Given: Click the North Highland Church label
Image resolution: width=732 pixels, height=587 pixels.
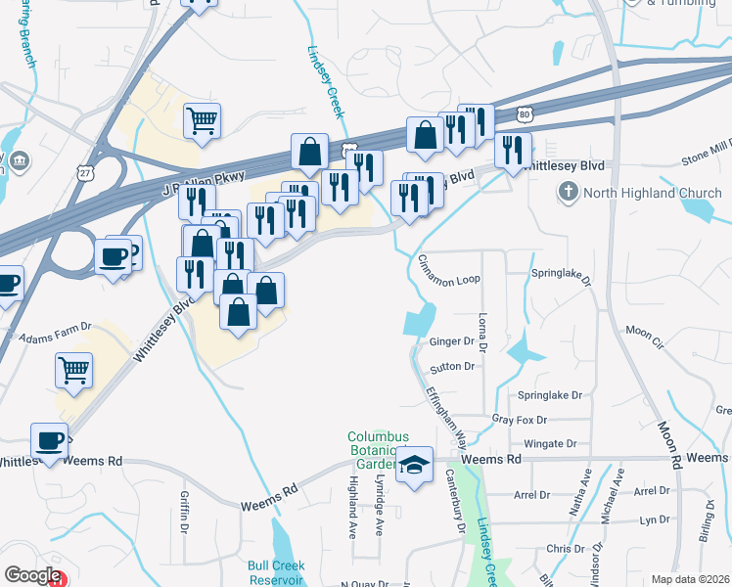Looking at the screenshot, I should pos(646,193).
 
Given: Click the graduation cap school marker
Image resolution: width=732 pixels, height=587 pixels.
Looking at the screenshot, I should pos(416,465).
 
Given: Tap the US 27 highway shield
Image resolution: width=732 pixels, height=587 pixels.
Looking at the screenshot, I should pos(85,172).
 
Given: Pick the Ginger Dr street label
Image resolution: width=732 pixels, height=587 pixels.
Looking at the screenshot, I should pos(451,342).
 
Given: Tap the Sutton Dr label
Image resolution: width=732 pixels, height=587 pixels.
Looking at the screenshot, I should pos(451,367).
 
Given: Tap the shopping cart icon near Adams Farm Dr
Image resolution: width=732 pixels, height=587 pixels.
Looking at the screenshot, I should pos(73,371).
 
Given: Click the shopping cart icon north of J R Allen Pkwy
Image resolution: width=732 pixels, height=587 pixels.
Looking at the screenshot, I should pos(202,121).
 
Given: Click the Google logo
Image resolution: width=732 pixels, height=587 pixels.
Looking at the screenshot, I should pos(31,575).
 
